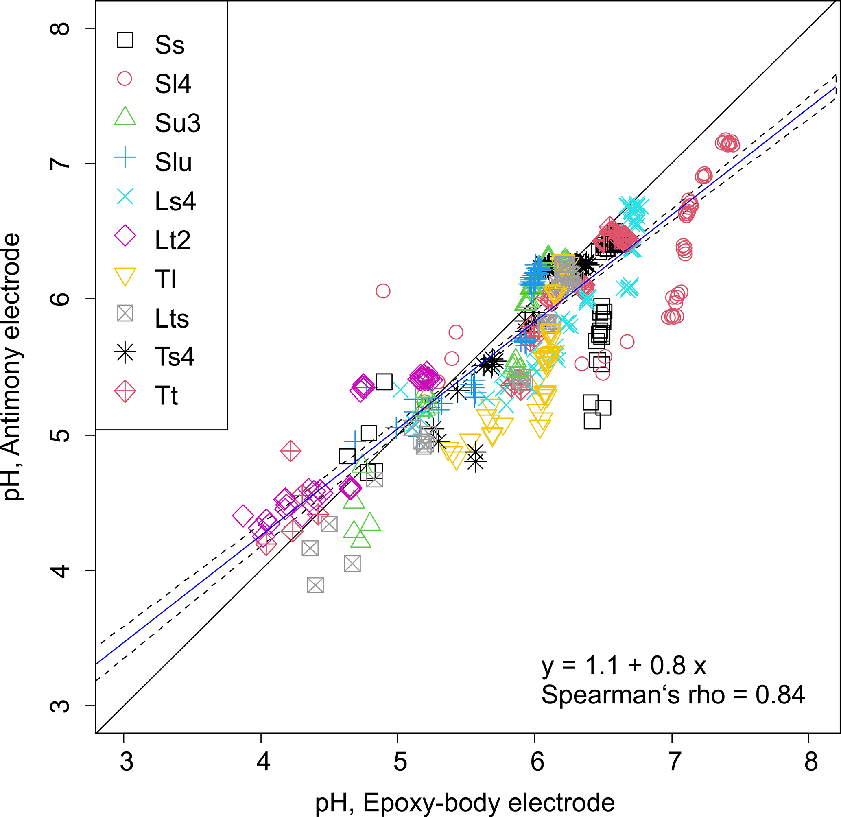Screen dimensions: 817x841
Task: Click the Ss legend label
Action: (x=170, y=45)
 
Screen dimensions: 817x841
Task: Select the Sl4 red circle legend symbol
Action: (x=125, y=79)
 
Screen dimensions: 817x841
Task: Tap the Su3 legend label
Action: (x=178, y=123)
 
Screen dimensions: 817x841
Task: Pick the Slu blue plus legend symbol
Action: (x=125, y=157)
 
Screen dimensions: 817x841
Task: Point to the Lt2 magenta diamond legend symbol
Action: (x=125, y=236)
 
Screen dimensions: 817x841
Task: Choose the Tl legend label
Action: (x=166, y=280)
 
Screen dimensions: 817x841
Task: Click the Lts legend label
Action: (x=172, y=319)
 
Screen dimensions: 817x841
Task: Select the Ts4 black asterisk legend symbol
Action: (x=125, y=353)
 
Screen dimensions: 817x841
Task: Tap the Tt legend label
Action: (x=166, y=395)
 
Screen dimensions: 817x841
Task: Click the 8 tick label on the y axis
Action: (x=61, y=28)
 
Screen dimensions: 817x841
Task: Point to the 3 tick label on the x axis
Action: (x=127, y=762)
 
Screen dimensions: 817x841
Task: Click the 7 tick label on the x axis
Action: (x=674, y=762)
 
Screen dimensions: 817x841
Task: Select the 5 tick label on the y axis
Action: (x=61, y=435)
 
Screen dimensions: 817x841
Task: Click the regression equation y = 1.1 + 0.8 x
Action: (x=623, y=666)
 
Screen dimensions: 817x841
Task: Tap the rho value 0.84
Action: (x=780, y=695)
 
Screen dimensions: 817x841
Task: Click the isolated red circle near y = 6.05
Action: (x=383, y=291)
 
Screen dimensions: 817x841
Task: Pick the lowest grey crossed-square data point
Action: (x=315, y=585)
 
